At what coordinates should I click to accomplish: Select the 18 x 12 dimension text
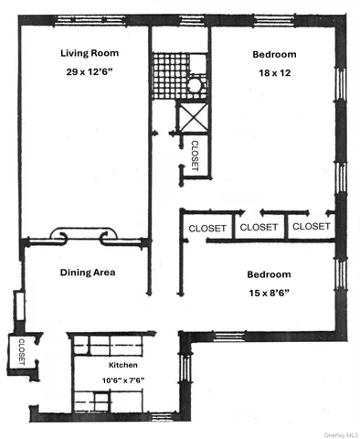[x=273, y=72]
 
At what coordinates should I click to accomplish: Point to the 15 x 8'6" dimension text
[x=268, y=293]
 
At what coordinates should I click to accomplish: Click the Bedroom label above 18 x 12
[x=274, y=54]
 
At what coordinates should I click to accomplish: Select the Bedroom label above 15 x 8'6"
[x=268, y=274]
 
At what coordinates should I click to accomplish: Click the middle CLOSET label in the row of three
[x=259, y=227]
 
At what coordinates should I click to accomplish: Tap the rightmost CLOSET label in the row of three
[x=311, y=226]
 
